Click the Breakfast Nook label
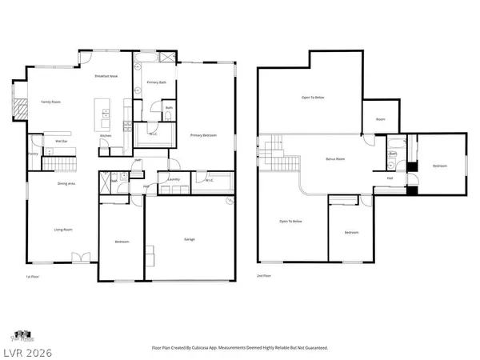click(x=107, y=76)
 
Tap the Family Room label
click(x=51, y=102)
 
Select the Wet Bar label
click(x=60, y=142)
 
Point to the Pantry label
click(x=34, y=153)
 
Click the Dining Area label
click(x=66, y=184)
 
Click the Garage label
click(x=190, y=239)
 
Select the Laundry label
click(x=173, y=179)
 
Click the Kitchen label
click(x=106, y=136)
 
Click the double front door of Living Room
click(x=80, y=258)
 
